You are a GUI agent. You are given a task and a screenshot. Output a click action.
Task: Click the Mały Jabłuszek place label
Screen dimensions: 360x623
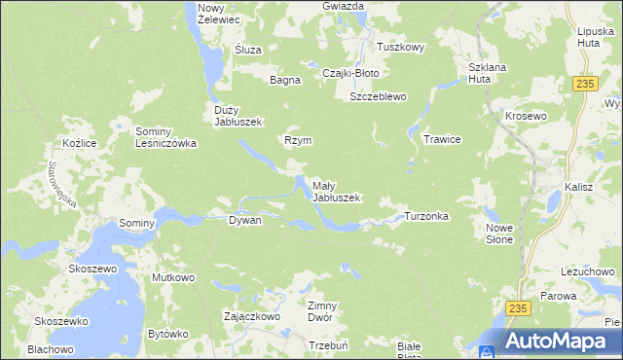tap(336, 192)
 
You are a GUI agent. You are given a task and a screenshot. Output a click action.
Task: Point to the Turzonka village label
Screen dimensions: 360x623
tap(426, 216)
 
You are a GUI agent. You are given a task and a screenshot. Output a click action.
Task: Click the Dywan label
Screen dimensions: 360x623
tap(245, 221)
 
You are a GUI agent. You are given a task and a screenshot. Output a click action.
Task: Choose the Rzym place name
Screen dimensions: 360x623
tap(297, 140)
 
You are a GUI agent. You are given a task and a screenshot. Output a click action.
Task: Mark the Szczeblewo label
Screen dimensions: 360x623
tap(378, 97)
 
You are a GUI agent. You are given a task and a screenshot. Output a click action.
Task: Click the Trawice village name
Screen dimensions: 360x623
tap(441, 140)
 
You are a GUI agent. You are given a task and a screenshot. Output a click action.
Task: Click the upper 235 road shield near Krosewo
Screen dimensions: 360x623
tap(584, 85)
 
